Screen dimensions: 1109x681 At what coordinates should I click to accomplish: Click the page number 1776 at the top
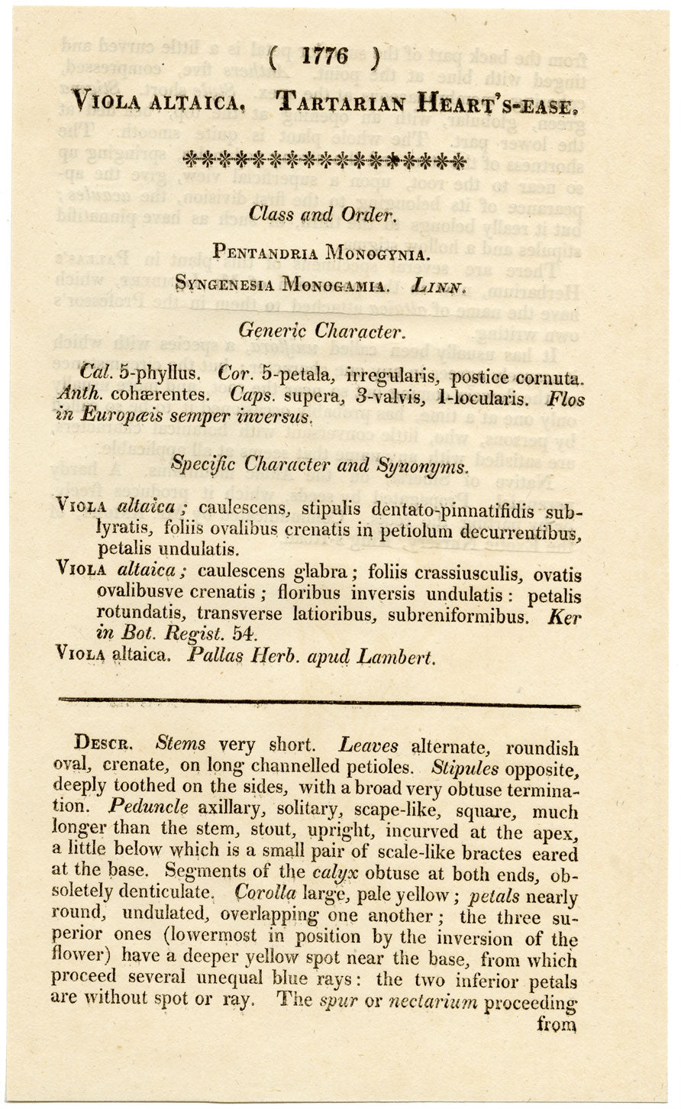[324, 56]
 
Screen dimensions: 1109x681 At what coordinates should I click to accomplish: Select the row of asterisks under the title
[325, 160]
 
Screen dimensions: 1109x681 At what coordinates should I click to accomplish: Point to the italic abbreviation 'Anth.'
[79, 396]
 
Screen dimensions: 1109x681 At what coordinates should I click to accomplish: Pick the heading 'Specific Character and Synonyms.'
[319, 464]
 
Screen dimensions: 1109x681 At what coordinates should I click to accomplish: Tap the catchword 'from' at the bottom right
[555, 1025]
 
